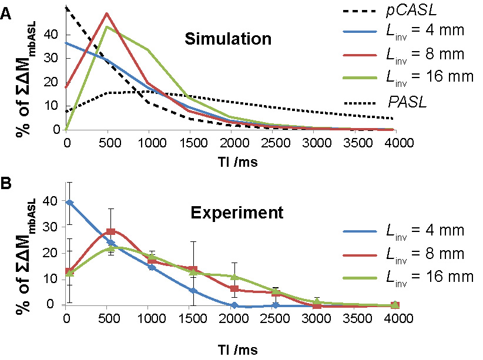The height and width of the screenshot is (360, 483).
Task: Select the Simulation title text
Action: click(x=228, y=39)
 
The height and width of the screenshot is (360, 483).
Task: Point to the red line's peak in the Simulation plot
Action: click(x=106, y=13)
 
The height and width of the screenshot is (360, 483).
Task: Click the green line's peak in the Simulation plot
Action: click(x=106, y=26)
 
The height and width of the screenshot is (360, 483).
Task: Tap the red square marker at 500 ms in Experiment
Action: click(x=110, y=231)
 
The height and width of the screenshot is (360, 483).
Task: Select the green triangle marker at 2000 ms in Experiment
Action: click(x=234, y=277)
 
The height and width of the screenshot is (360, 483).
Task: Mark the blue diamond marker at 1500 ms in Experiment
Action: click(x=193, y=291)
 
